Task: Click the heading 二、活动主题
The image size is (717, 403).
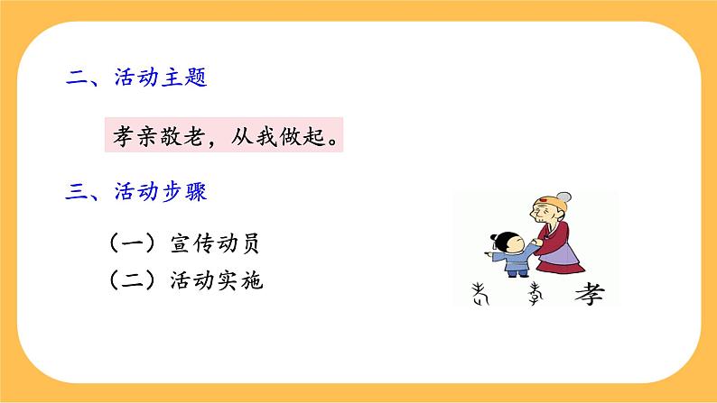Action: point(137,78)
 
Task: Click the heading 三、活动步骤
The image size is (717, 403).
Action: point(137,191)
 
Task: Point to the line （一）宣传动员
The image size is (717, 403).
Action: point(189,244)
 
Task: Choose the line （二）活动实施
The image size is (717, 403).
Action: point(189,280)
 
